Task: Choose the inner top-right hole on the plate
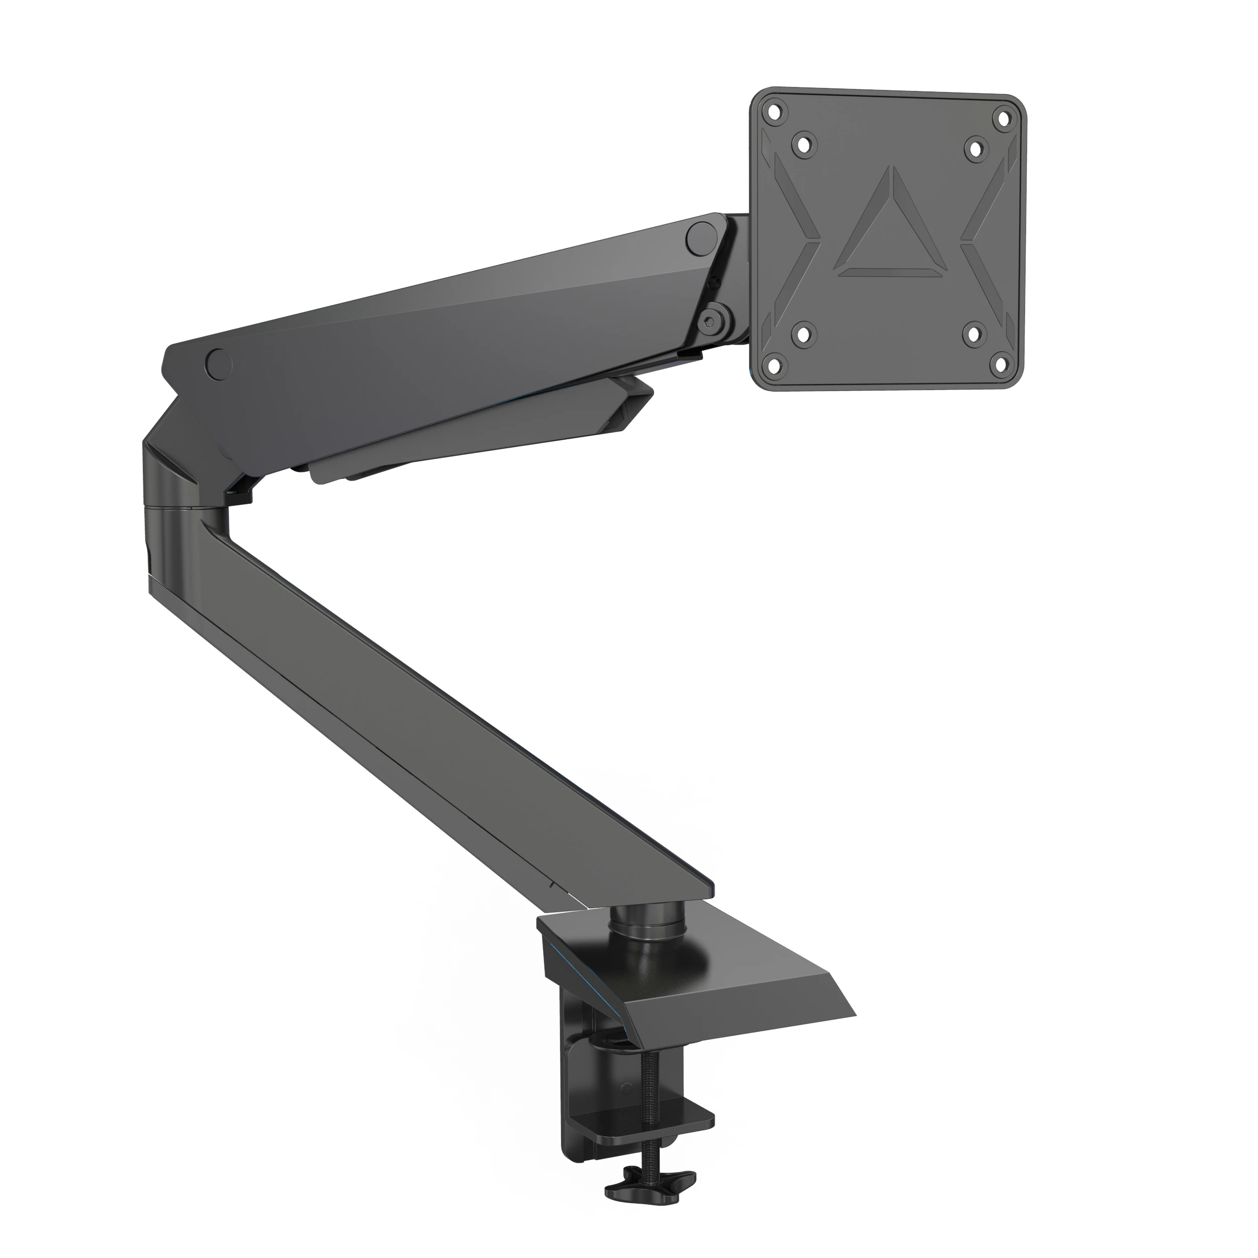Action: pyautogui.click(x=975, y=148)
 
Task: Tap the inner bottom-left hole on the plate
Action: pyautogui.click(x=805, y=334)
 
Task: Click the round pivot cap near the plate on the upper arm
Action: pyautogui.click(x=702, y=237)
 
